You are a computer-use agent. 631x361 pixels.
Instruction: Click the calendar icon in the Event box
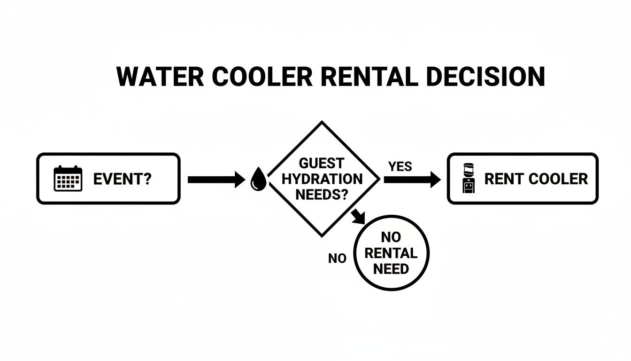68,179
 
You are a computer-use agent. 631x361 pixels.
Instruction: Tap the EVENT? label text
122,179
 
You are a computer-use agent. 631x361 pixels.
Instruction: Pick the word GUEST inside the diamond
322,164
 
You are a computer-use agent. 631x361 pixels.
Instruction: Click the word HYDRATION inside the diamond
322,179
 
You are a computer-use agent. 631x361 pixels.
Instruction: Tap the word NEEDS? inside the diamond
322,194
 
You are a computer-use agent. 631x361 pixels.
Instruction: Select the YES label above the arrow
400,166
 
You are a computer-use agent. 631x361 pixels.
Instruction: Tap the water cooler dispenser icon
469,179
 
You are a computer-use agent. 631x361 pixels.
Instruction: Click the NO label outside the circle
337,259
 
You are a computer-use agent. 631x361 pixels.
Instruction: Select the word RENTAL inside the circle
391,254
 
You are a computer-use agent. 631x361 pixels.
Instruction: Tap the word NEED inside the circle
391,269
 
